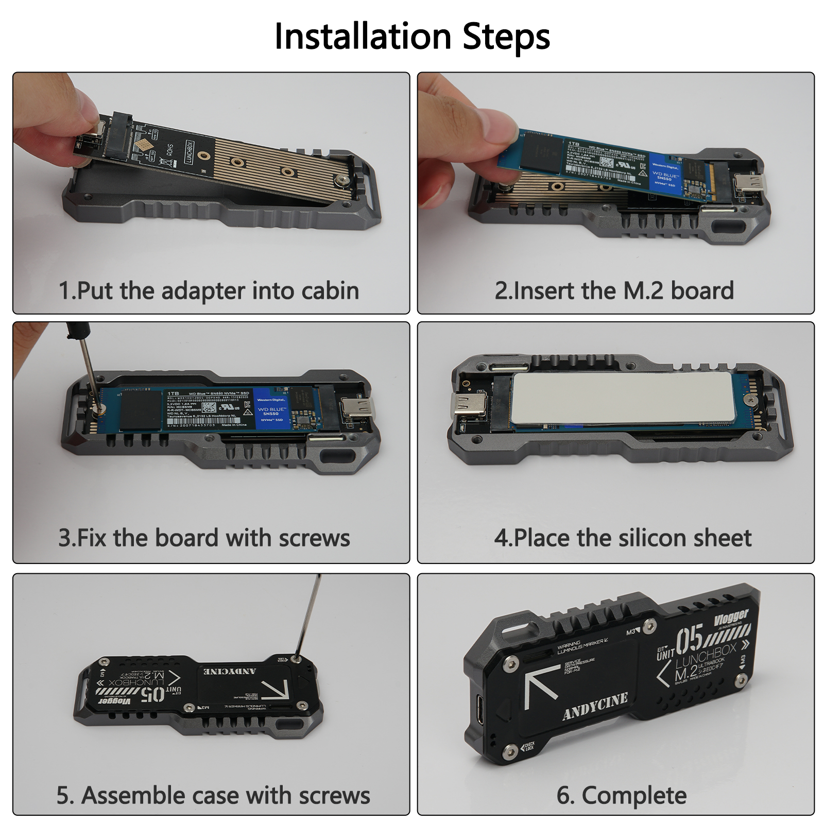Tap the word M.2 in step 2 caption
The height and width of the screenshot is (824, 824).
[x=643, y=291]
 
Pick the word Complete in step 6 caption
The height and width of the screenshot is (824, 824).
[x=634, y=796]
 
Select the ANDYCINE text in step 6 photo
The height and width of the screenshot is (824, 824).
[x=595, y=706]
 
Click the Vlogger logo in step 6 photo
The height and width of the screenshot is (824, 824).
[x=731, y=617]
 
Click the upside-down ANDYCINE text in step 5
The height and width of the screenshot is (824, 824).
[x=229, y=672]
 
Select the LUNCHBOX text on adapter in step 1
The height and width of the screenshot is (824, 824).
[x=189, y=152]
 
